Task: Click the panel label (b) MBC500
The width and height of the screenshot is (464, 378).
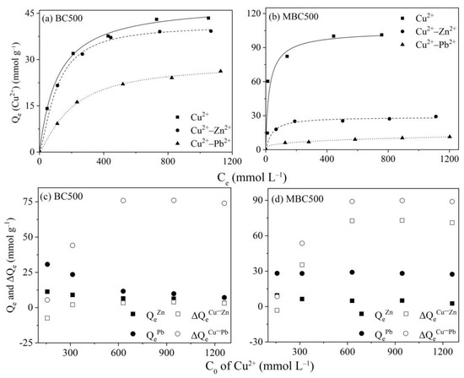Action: click(296, 18)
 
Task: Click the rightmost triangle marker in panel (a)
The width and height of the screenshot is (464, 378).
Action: click(221, 71)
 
